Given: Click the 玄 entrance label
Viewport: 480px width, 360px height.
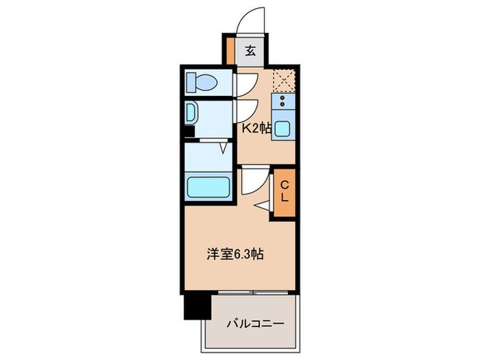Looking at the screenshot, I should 252,50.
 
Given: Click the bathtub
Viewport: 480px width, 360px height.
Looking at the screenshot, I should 208,187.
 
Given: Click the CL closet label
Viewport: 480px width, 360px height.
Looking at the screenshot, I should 285,191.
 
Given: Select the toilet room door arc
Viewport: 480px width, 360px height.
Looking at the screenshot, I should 245,83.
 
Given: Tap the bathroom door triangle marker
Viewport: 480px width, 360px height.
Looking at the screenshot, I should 223,147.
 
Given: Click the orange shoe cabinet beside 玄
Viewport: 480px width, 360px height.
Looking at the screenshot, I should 230,50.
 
